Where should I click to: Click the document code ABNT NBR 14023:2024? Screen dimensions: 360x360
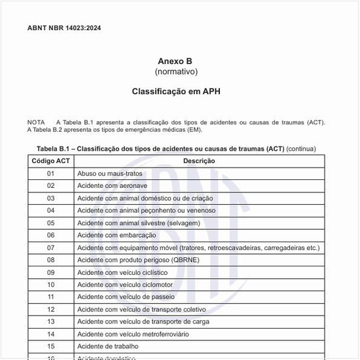click(x=64, y=28)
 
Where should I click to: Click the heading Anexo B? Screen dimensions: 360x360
click(x=175, y=61)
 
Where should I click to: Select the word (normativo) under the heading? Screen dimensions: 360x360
click(x=175, y=71)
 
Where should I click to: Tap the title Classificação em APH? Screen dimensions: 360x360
click(x=175, y=91)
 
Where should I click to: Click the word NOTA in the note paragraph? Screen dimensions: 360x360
click(x=36, y=122)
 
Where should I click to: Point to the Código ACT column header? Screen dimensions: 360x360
click(x=50, y=160)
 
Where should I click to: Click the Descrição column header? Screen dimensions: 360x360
click(x=198, y=160)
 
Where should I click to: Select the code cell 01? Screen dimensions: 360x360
click(x=50, y=173)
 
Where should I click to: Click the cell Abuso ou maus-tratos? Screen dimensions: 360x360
click(x=109, y=173)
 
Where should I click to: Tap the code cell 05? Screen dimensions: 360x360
click(x=50, y=223)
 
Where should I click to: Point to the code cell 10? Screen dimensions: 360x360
click(x=50, y=285)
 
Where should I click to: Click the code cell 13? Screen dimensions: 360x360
click(x=50, y=321)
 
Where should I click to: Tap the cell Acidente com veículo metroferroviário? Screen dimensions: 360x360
click(x=133, y=334)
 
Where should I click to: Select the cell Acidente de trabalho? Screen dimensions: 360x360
click(x=108, y=346)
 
